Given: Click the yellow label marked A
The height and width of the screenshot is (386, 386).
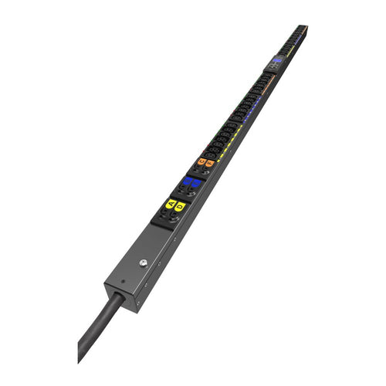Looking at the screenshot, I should point(171,204).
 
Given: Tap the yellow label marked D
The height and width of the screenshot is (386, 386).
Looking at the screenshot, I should point(180,206).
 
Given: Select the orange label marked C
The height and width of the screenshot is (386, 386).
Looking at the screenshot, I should point(201,162).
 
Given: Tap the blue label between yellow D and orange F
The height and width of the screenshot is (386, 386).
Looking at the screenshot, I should point(195,185).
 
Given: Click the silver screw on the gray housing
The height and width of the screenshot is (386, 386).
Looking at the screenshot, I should point(144,262).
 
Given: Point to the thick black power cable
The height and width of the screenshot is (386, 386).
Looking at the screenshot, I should point(96,328).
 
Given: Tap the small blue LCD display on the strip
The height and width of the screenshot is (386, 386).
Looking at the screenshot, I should point(276,59).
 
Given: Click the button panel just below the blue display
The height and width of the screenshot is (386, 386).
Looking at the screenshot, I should point(272,67).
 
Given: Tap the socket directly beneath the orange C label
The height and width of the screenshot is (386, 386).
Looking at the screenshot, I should point(195,171).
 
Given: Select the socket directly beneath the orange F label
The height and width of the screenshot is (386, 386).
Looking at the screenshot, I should point(205,173).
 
